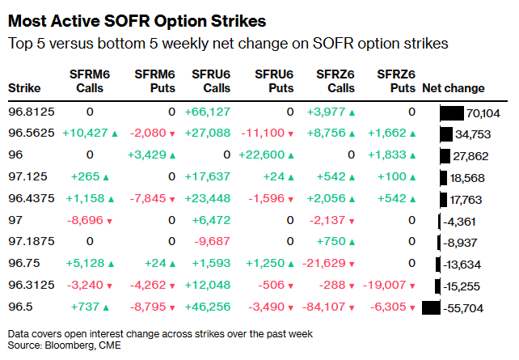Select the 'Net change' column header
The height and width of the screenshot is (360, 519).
(454, 88)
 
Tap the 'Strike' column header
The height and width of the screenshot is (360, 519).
(24, 88)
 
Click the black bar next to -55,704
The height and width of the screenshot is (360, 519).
(431, 307)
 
